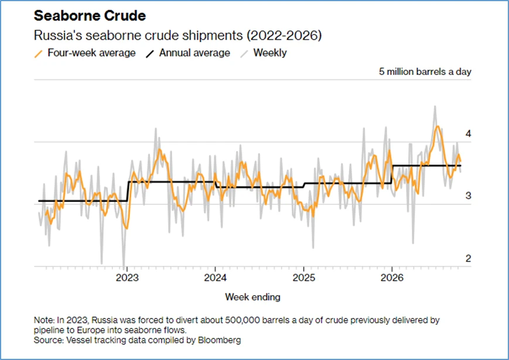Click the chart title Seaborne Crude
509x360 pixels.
pyautogui.click(x=90, y=16)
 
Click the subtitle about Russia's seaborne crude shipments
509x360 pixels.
pyautogui.click(x=177, y=35)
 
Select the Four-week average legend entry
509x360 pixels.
pyautogui.click(x=85, y=53)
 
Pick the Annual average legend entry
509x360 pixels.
pyautogui.click(x=188, y=53)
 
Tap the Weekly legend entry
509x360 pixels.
pyautogui.click(x=264, y=53)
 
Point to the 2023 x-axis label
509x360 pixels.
pyautogui.click(x=127, y=277)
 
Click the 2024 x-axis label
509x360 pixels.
pyautogui.click(x=215, y=277)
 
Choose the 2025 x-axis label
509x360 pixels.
pyautogui.click(x=304, y=277)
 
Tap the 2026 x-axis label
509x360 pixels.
pyautogui.click(x=392, y=277)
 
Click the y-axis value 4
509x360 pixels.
pyautogui.click(x=468, y=133)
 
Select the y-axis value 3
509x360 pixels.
pyautogui.click(x=468, y=196)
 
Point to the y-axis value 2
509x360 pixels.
pyautogui.click(x=468, y=259)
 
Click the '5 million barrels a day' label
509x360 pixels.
pyautogui.click(x=425, y=71)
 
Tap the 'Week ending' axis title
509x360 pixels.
pyautogui.click(x=252, y=297)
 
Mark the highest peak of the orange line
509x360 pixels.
pyautogui.click(x=438, y=126)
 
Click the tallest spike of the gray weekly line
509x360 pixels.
pyautogui.click(x=435, y=107)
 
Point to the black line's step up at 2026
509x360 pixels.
pyautogui.click(x=392, y=174)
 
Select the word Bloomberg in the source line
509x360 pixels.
pyautogui.click(x=220, y=340)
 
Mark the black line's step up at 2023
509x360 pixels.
pyautogui.click(x=128, y=191)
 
